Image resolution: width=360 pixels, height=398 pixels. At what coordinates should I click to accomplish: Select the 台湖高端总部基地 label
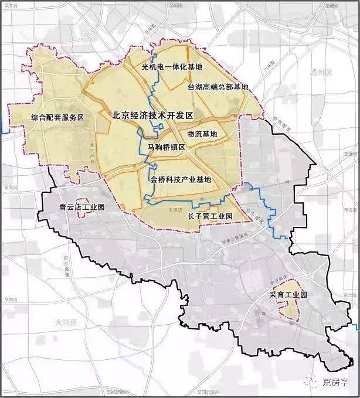point(218,87)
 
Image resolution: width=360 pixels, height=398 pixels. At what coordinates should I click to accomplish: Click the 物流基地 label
point(202,134)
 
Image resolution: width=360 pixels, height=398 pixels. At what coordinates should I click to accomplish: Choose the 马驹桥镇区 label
point(167,147)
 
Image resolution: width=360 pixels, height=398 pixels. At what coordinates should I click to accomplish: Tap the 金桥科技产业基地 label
point(180,179)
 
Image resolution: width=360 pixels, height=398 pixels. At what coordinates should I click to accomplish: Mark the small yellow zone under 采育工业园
point(288,309)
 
